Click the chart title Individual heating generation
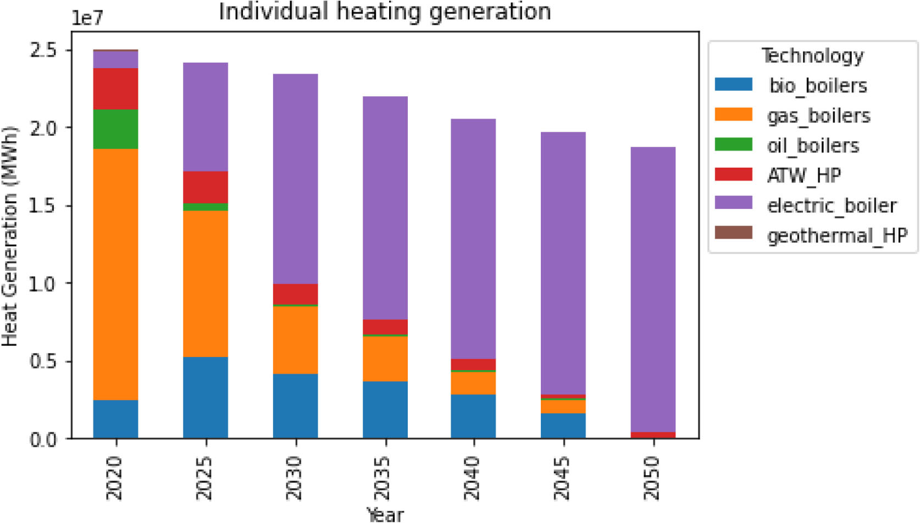(x=385, y=12)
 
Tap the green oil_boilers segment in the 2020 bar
(x=115, y=129)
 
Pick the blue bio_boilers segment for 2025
(x=206, y=397)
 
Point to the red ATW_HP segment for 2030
(x=295, y=294)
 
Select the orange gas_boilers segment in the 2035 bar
(x=385, y=358)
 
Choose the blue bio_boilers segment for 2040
(x=473, y=416)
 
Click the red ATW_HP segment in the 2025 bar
(x=206, y=187)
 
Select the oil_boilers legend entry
(x=812, y=146)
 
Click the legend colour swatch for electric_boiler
(x=733, y=203)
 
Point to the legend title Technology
(x=812, y=56)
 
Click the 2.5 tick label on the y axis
(x=43, y=50)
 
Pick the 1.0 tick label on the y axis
(x=43, y=283)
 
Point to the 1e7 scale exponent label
(x=87, y=19)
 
